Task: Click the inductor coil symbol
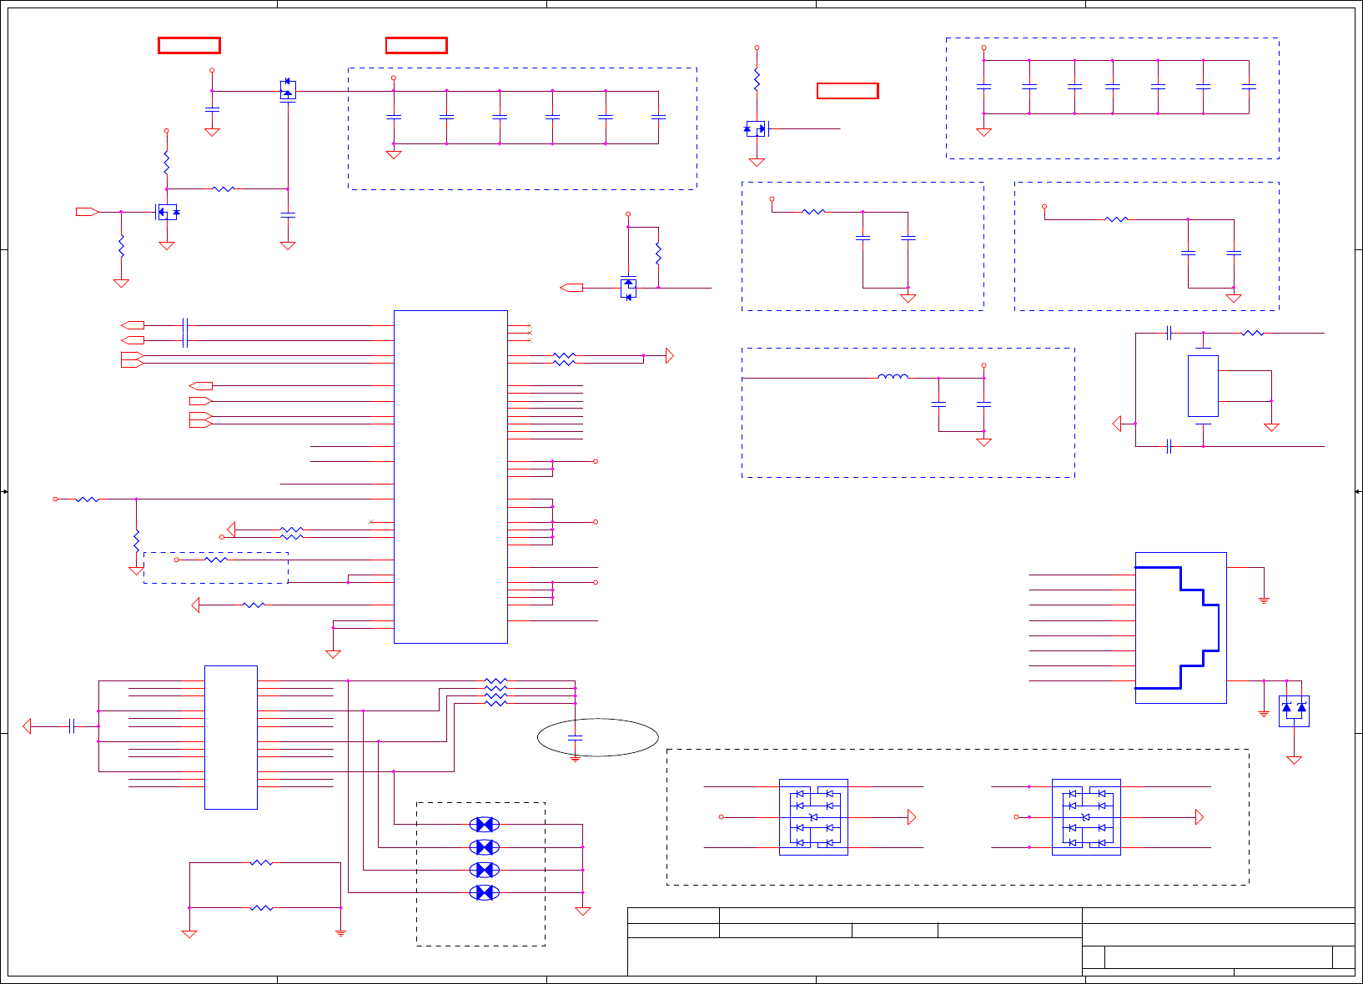(893, 377)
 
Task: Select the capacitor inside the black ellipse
(575, 737)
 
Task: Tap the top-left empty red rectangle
(189, 45)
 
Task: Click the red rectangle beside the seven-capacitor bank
(847, 91)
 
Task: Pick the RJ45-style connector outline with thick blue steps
(1180, 627)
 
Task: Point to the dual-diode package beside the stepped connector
(1294, 710)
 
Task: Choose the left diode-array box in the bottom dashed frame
(813, 817)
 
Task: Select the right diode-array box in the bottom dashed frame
(1086, 817)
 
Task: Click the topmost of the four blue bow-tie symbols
(485, 825)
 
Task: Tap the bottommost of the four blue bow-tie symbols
(485, 892)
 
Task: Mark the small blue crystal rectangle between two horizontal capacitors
(1203, 386)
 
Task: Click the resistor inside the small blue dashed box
(216, 560)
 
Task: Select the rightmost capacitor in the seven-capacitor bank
(1249, 87)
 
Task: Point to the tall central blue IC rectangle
(450, 476)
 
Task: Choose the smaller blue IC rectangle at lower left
(231, 737)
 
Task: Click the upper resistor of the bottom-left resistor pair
(261, 863)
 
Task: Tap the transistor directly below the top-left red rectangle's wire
(288, 90)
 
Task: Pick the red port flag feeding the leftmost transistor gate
(87, 212)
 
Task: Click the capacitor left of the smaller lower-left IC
(73, 726)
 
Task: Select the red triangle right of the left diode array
(912, 817)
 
